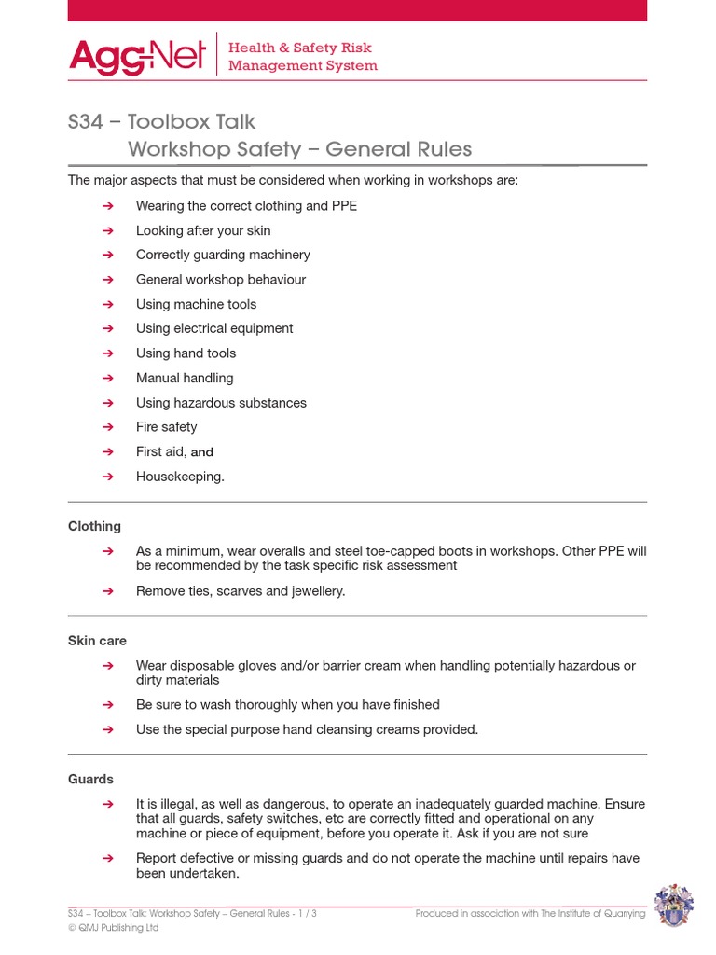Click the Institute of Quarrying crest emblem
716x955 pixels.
pyautogui.click(x=673, y=907)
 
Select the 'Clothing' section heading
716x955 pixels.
pyautogui.click(x=94, y=527)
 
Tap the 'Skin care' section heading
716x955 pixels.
pyautogui.click(x=97, y=642)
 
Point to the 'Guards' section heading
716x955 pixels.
pyautogui.click(x=90, y=779)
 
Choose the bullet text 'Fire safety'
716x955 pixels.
pyautogui.click(x=166, y=427)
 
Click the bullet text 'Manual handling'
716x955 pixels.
pyautogui.click(x=185, y=378)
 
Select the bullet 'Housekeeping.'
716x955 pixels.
pyautogui.click(x=180, y=477)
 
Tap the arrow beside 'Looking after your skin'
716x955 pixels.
pyautogui.click(x=107, y=230)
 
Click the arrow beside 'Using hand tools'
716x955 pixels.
pyautogui.click(x=107, y=353)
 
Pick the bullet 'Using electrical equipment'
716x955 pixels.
pyautogui.click(x=214, y=328)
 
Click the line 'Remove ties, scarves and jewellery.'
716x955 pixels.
pyautogui.click(x=241, y=591)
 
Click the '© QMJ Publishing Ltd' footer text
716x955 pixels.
pyautogui.click(x=113, y=928)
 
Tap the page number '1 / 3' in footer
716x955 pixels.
pyautogui.click(x=305, y=914)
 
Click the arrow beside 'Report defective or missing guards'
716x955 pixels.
pyautogui.click(x=107, y=858)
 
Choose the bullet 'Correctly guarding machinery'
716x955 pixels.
pyautogui.click(x=223, y=255)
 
